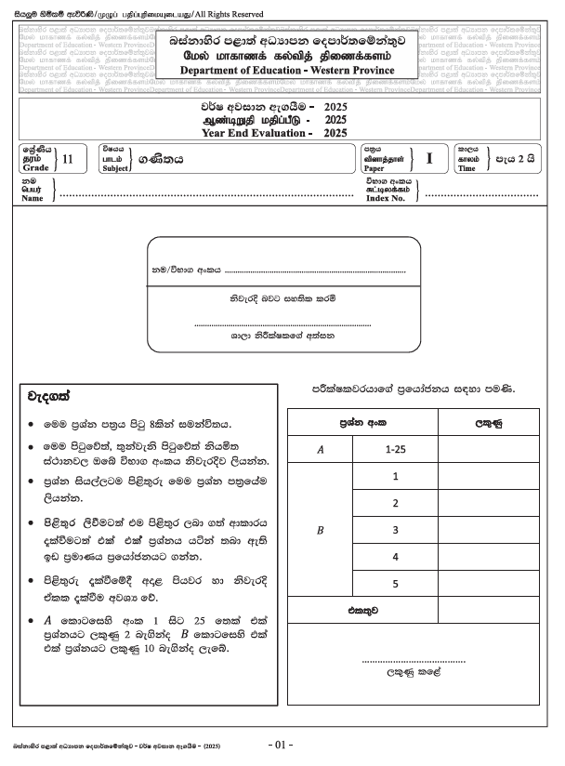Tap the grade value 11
(x=66, y=159)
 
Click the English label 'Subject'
(x=115, y=168)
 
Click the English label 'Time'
(x=466, y=168)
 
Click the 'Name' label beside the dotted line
(x=33, y=198)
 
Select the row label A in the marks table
(x=321, y=449)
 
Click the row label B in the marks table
(x=321, y=530)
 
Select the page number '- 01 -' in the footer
(x=280, y=746)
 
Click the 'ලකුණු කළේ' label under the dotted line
(x=413, y=670)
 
